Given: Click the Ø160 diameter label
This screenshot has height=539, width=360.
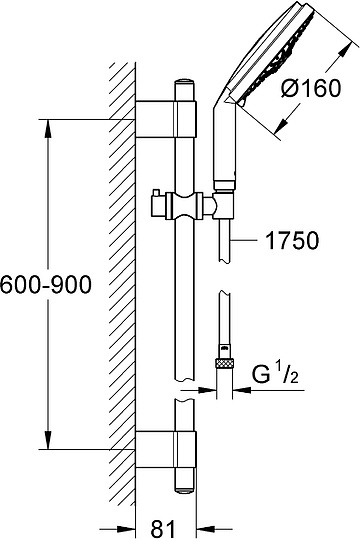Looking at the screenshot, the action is point(311,88).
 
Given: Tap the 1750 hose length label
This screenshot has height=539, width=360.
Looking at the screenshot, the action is point(293,241).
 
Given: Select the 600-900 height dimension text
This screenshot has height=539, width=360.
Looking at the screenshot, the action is point(46,285).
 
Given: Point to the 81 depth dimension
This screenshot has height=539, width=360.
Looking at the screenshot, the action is point(163,528).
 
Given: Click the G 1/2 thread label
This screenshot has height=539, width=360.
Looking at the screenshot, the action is point(275,374).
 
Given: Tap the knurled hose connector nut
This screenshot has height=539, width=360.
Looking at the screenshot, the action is point(224,364).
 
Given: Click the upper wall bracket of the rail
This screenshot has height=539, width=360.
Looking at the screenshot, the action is point(166,119).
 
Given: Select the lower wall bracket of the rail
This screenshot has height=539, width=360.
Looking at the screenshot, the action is point(166,449).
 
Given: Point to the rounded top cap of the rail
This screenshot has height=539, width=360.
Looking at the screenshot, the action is point(186,85).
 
